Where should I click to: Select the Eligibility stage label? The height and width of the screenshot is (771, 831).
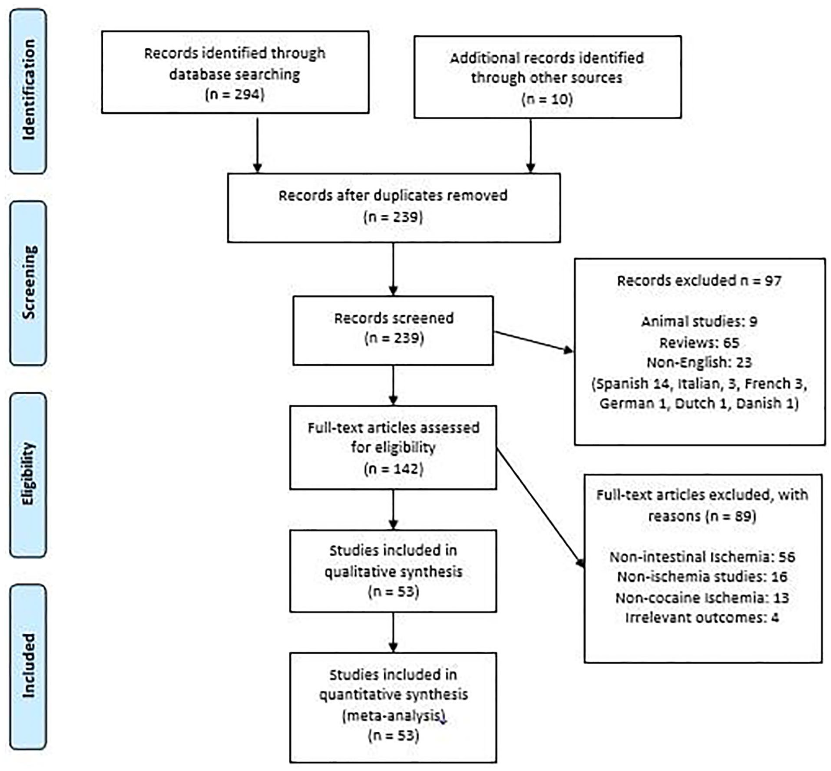tap(28, 474)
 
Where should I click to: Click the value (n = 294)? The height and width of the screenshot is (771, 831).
tap(235, 94)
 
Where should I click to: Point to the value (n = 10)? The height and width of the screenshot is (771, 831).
tap(547, 99)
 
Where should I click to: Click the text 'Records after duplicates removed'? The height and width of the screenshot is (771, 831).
tap(393, 195)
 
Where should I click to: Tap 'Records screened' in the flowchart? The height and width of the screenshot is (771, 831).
tap(394, 318)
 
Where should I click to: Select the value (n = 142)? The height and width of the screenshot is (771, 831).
tap(393, 469)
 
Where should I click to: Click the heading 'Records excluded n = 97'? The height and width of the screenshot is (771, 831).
tap(699, 281)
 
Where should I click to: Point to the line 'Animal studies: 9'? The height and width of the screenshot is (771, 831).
tap(699, 321)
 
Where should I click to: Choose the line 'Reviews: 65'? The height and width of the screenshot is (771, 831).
tap(699, 342)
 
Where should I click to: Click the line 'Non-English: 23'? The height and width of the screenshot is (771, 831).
tap(699, 362)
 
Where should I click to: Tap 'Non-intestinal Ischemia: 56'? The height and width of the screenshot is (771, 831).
tap(702, 557)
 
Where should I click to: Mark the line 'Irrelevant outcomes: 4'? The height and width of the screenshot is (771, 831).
tap(702, 617)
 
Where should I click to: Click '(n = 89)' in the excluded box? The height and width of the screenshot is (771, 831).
tap(724, 516)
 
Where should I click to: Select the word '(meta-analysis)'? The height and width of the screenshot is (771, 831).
tap(394, 716)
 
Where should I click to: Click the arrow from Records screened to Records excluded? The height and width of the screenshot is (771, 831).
tap(534, 342)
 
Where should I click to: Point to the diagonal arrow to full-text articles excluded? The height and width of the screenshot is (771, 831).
tap(541, 508)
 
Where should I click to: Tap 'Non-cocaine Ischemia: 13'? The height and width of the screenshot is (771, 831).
tap(702, 598)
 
